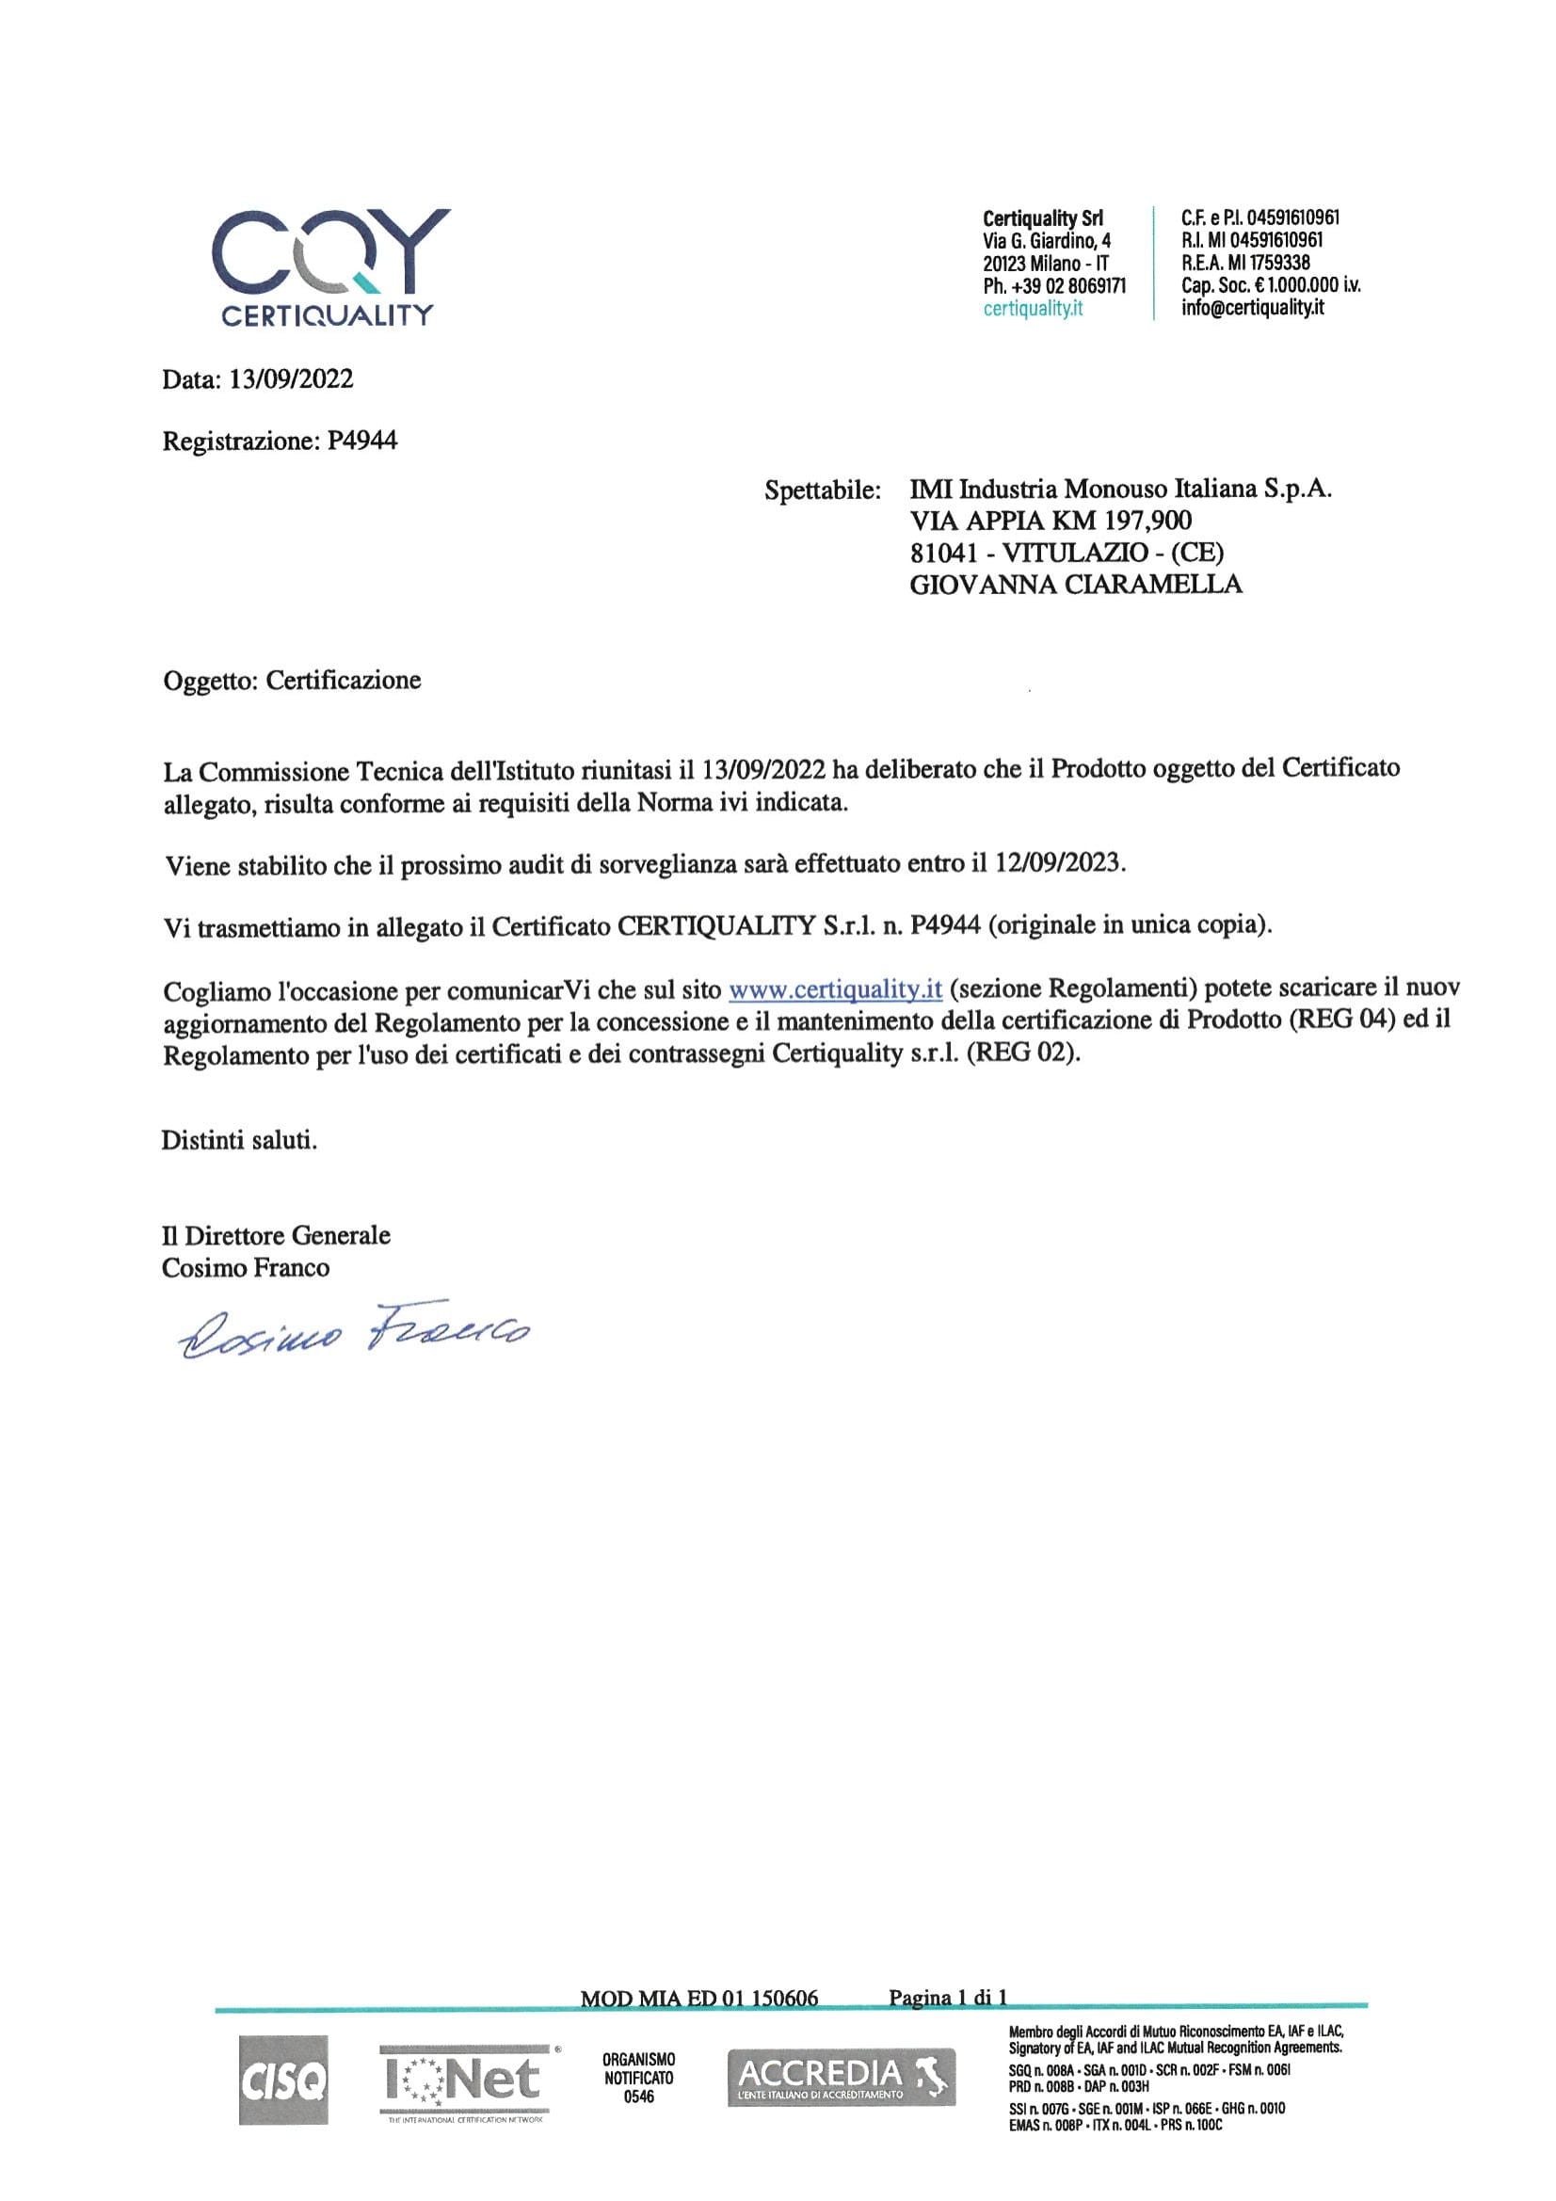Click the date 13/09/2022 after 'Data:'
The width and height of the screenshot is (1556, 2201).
(291, 379)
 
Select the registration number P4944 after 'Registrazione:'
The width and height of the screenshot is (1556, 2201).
(361, 441)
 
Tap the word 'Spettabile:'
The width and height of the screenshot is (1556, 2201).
(822, 490)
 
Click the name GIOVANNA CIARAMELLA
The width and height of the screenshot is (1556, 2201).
(1075, 584)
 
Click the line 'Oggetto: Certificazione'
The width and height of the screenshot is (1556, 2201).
(292, 681)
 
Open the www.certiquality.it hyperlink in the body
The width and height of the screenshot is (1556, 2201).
(835, 988)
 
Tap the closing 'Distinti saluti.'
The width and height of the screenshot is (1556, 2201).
(239, 1141)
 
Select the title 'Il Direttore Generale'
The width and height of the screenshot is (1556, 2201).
(276, 1236)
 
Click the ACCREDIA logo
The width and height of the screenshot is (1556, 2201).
(841, 2078)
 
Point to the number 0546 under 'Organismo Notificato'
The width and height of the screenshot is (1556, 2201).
(638, 2097)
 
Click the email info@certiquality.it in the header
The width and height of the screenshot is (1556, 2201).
(1252, 308)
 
